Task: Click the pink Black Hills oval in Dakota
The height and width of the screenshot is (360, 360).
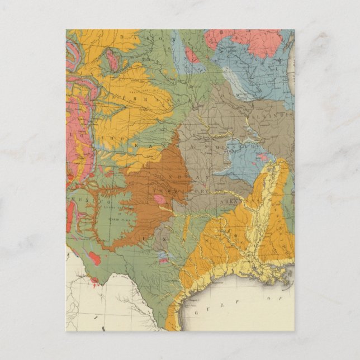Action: point(113,60)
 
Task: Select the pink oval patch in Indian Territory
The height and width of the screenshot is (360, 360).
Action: point(159,199)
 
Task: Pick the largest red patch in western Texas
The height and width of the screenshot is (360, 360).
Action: point(94,258)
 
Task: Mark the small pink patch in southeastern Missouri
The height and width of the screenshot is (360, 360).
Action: point(263,158)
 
